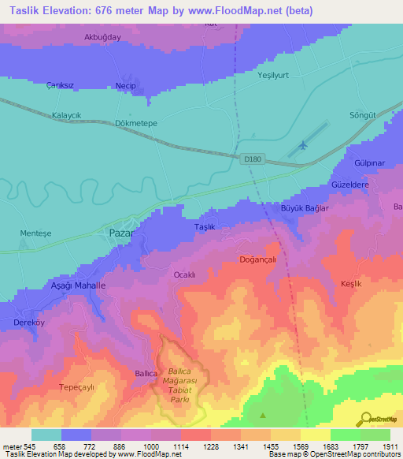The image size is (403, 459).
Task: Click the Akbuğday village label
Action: click(103, 37)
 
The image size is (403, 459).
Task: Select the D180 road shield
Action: click(251, 159)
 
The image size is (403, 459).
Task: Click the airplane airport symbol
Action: click(304, 144)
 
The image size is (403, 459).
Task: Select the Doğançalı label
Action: click(258, 259)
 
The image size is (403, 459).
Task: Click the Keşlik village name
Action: click(351, 283)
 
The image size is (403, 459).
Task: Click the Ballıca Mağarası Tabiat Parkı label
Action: click(182, 386)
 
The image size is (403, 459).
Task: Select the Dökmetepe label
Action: click(115, 123)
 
